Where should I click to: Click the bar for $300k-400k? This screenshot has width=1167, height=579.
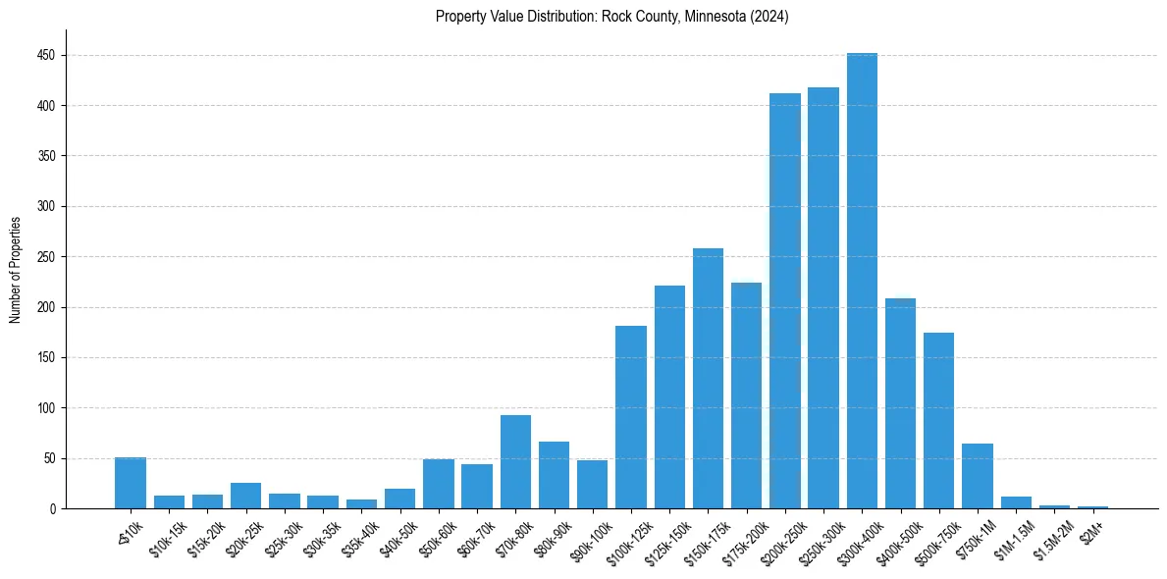pos(862,281)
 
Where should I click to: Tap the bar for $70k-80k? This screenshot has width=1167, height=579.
pos(515,461)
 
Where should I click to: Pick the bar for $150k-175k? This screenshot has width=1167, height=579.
pos(708,378)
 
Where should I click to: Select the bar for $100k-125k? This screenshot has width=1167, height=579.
pos(630,417)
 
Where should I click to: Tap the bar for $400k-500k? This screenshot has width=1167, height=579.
pos(900,403)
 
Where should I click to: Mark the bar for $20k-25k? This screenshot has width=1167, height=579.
pos(245,496)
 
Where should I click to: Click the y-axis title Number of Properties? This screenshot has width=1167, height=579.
pos(16,269)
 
